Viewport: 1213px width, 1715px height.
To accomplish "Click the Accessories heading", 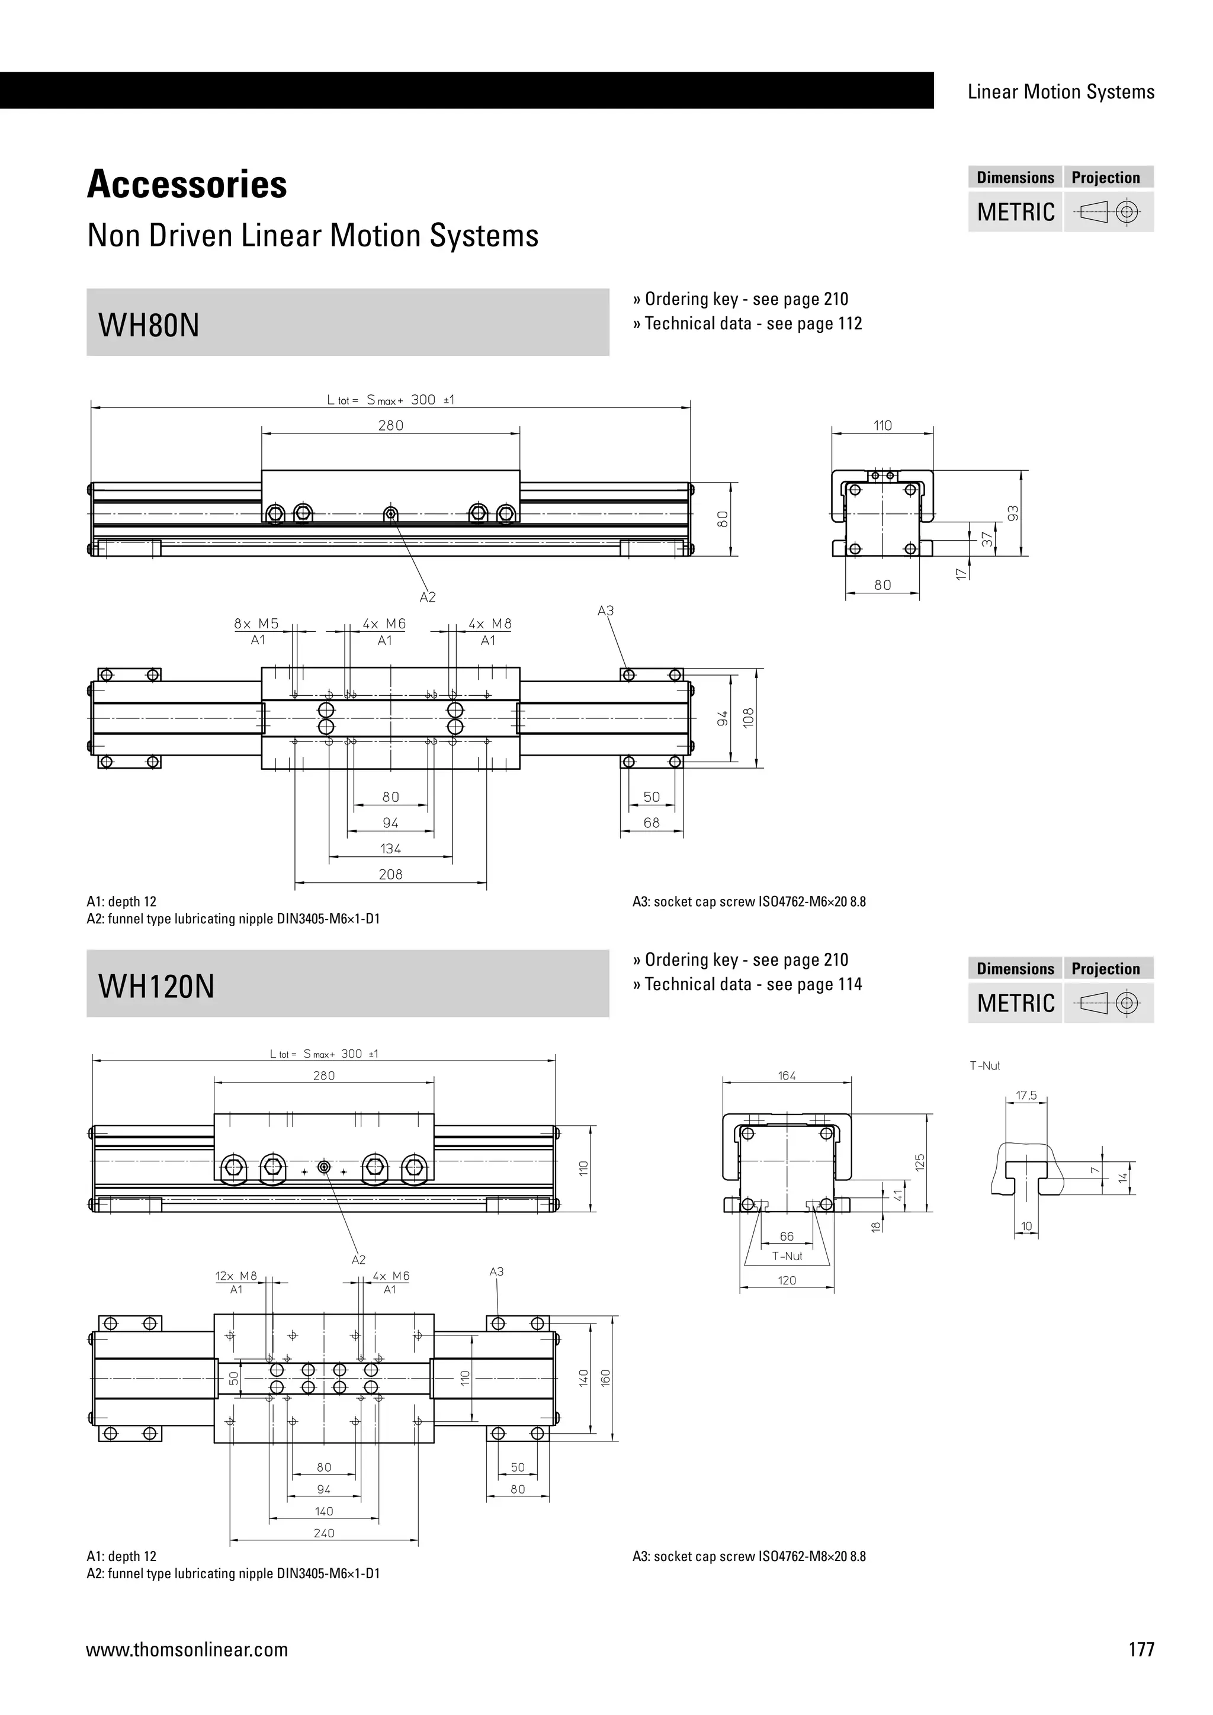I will click(x=187, y=185).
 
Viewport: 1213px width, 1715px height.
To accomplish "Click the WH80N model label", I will click(x=149, y=326).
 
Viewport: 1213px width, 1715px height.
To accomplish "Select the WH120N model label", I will click(x=156, y=987).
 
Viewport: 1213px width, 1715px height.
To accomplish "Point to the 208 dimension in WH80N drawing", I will click(x=391, y=874).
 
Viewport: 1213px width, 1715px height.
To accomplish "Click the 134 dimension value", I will click(x=391, y=849).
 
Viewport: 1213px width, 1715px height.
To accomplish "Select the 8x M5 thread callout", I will click(x=256, y=624).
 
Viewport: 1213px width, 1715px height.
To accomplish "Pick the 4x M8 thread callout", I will click(x=490, y=624).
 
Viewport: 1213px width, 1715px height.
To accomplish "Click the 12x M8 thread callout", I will click(x=236, y=1276).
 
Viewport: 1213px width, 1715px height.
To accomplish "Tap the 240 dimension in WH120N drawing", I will click(x=324, y=1533).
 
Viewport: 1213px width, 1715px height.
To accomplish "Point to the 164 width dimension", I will click(x=787, y=1075).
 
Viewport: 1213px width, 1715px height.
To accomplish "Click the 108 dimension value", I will click(x=749, y=717).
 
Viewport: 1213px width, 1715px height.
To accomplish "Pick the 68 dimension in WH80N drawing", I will click(x=652, y=823).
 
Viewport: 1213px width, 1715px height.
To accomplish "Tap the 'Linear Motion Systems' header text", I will click(x=1061, y=92).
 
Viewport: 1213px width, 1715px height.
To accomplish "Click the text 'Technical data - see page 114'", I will click(x=753, y=984).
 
